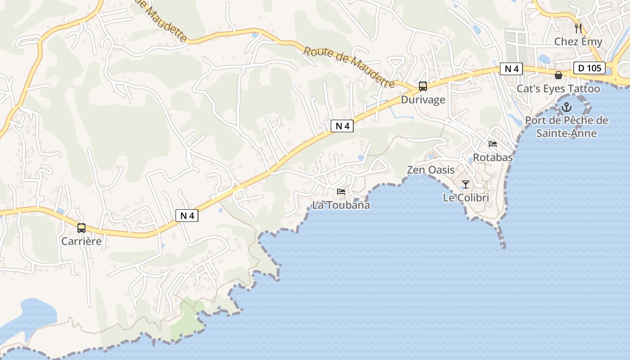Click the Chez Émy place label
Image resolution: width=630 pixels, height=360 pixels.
coord(578,42)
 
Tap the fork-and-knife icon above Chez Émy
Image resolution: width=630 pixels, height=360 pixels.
coord(578,28)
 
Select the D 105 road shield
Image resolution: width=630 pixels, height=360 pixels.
coord(589,68)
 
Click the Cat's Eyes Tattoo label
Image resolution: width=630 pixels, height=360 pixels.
coord(558,89)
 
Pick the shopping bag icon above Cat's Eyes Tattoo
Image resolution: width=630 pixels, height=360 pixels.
coord(558,75)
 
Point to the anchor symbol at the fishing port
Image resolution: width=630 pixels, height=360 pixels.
coord(567,107)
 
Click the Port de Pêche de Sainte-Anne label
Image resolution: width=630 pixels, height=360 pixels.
coord(567,127)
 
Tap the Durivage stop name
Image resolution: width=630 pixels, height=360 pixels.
coord(423,99)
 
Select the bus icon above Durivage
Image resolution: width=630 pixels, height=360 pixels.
coord(423,86)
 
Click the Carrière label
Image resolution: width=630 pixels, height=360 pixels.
coord(81,241)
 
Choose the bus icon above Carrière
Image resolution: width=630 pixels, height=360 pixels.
coord(81,228)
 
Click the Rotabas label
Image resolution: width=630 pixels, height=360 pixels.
coord(493,157)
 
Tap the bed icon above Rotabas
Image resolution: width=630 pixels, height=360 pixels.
coord(493,144)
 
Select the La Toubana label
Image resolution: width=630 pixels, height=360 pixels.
coord(341,205)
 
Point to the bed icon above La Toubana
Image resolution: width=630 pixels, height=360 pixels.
coord(341,192)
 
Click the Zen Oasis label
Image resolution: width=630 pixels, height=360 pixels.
coord(431,170)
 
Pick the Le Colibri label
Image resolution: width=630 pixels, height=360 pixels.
coord(466,198)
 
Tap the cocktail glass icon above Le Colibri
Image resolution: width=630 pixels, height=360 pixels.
coord(466,184)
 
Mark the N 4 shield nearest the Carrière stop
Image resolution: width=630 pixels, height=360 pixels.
coord(187,216)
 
